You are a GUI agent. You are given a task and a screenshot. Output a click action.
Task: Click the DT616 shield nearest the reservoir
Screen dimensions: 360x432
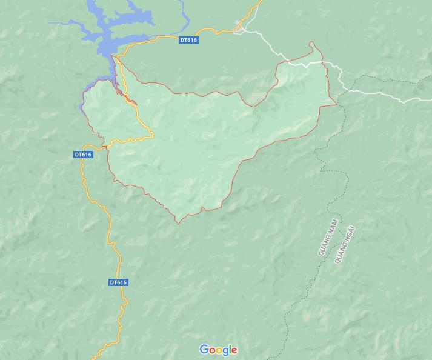coord(189,40)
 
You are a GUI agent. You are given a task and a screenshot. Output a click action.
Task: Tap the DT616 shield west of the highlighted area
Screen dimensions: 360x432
coord(83,155)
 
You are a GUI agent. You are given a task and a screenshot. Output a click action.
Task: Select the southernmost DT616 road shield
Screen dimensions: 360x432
coord(119,282)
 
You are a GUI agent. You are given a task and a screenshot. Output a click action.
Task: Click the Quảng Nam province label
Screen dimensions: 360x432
coord(327,239)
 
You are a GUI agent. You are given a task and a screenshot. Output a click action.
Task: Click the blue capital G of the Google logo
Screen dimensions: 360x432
coord(204,350)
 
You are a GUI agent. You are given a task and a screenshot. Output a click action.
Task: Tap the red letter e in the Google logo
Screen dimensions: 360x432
coord(234,350)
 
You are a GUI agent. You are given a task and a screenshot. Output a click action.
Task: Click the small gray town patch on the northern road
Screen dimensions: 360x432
coord(242,27)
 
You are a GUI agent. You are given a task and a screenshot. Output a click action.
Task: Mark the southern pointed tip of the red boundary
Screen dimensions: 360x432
coord(178,223)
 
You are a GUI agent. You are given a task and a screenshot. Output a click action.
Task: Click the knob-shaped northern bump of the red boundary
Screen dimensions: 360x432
coord(313,45)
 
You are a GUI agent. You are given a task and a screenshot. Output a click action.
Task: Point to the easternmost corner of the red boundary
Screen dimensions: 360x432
coord(337,104)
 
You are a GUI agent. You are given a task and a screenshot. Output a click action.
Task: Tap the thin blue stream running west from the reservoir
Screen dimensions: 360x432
coord(64,24)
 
